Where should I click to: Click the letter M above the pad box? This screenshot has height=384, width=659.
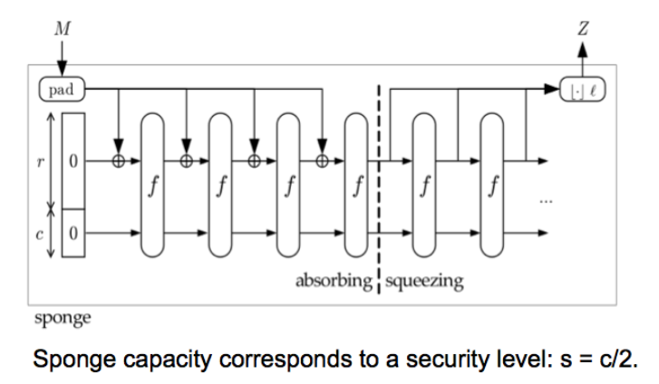coord(62,29)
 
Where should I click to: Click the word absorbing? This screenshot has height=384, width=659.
coord(334,282)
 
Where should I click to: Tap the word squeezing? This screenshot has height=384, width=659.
coord(424,282)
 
